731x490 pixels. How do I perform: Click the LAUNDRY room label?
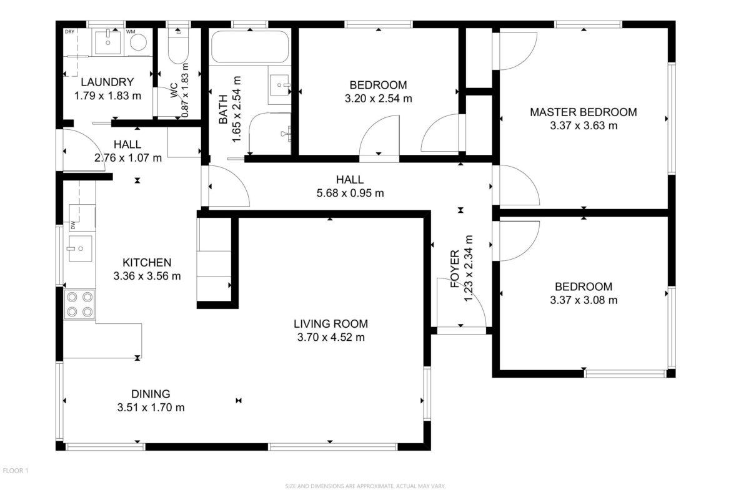pyautogui.click(x=107, y=82)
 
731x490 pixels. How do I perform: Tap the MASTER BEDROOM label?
pyautogui.click(x=583, y=112)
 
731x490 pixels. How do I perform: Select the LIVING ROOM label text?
pyautogui.click(x=331, y=324)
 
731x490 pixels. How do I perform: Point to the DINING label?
pyautogui.click(x=151, y=394)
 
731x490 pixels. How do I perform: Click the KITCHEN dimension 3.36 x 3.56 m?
pyautogui.click(x=147, y=276)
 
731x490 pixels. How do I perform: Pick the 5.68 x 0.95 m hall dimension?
pyautogui.click(x=350, y=193)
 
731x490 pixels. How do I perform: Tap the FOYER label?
pyautogui.click(x=455, y=269)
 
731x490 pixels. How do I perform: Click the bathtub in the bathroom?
pyautogui.click(x=250, y=47)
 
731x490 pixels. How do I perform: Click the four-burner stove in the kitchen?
pyautogui.click(x=79, y=304)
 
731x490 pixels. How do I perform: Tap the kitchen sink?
pyautogui.click(x=80, y=248)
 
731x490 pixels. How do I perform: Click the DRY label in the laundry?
pyautogui.click(x=69, y=32)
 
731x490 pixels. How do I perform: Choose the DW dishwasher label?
pyautogui.click(x=73, y=226)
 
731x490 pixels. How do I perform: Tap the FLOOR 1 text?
pyautogui.click(x=16, y=471)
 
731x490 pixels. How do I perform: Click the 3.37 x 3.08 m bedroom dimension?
pyautogui.click(x=584, y=300)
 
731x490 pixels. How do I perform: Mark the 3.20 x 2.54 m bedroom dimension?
pyautogui.click(x=379, y=99)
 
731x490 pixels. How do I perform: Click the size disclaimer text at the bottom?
pyautogui.click(x=365, y=486)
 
